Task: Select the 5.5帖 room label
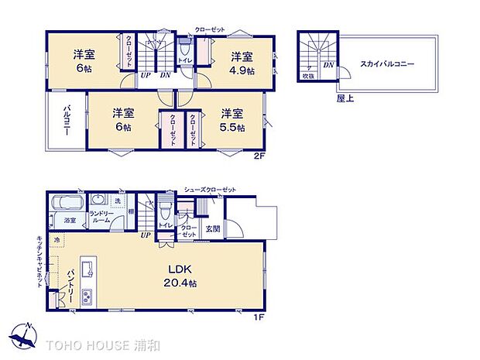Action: pyautogui.click(x=231, y=121)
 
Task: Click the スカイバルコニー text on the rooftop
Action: pyautogui.click(x=387, y=65)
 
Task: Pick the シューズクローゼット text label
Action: pyautogui.click(x=210, y=189)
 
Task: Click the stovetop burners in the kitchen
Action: pyautogui.click(x=87, y=297)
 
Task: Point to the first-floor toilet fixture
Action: pyautogui.click(x=164, y=211)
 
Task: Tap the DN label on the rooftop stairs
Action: pyautogui.click(x=328, y=65)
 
